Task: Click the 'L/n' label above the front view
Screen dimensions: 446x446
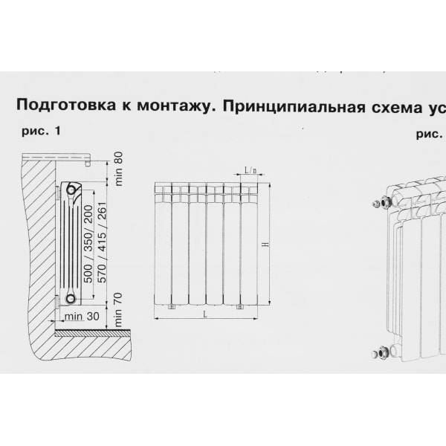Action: [x=250, y=169]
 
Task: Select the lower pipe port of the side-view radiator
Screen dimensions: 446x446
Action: [x=70, y=298]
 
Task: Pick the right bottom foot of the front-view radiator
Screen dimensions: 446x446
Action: [x=239, y=306]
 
